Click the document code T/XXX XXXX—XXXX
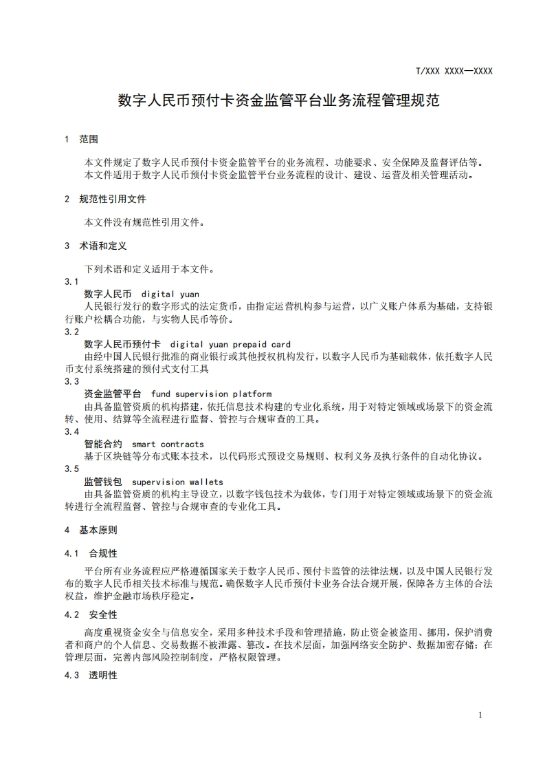click(x=454, y=71)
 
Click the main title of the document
click(x=278, y=100)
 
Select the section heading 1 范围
click(x=81, y=139)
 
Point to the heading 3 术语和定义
click(x=96, y=246)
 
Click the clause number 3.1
click(x=72, y=281)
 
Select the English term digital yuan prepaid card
click(x=230, y=344)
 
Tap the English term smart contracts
click(x=168, y=444)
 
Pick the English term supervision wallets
click(x=177, y=482)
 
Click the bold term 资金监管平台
click(x=113, y=394)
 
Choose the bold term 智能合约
click(x=103, y=444)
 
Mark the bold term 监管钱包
click(x=103, y=482)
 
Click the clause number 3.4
click(x=72, y=431)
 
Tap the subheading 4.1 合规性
click(x=91, y=553)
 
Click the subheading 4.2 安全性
click(x=91, y=614)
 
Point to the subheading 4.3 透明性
click(x=91, y=675)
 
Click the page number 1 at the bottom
click(x=480, y=715)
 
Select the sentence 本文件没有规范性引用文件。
click(x=144, y=222)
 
